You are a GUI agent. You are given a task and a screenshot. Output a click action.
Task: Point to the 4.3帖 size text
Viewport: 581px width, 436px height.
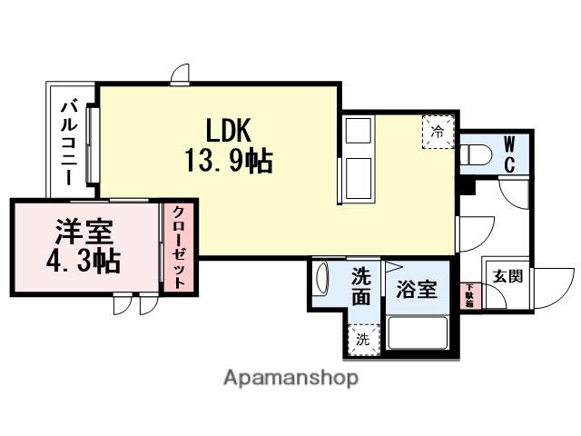pyautogui.click(x=84, y=263)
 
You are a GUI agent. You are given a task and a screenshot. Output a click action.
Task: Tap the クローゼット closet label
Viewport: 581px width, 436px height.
pyautogui.click(x=179, y=247)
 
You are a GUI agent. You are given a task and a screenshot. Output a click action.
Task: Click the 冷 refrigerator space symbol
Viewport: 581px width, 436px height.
pyautogui.click(x=438, y=132)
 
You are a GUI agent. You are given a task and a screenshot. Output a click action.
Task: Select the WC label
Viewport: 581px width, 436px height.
pyautogui.click(x=510, y=154)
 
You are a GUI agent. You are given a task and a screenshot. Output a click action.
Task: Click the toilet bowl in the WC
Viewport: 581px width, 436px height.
pyautogui.click(x=473, y=155)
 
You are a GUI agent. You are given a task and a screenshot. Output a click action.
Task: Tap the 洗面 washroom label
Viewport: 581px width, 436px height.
pyautogui.click(x=360, y=285)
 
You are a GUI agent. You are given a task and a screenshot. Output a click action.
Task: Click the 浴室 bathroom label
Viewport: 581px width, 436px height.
pyautogui.click(x=417, y=291)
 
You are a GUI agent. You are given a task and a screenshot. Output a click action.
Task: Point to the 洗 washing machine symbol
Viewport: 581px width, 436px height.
pyautogui.click(x=362, y=340)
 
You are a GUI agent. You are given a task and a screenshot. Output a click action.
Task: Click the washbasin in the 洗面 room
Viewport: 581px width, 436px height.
pyautogui.click(x=320, y=283)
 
